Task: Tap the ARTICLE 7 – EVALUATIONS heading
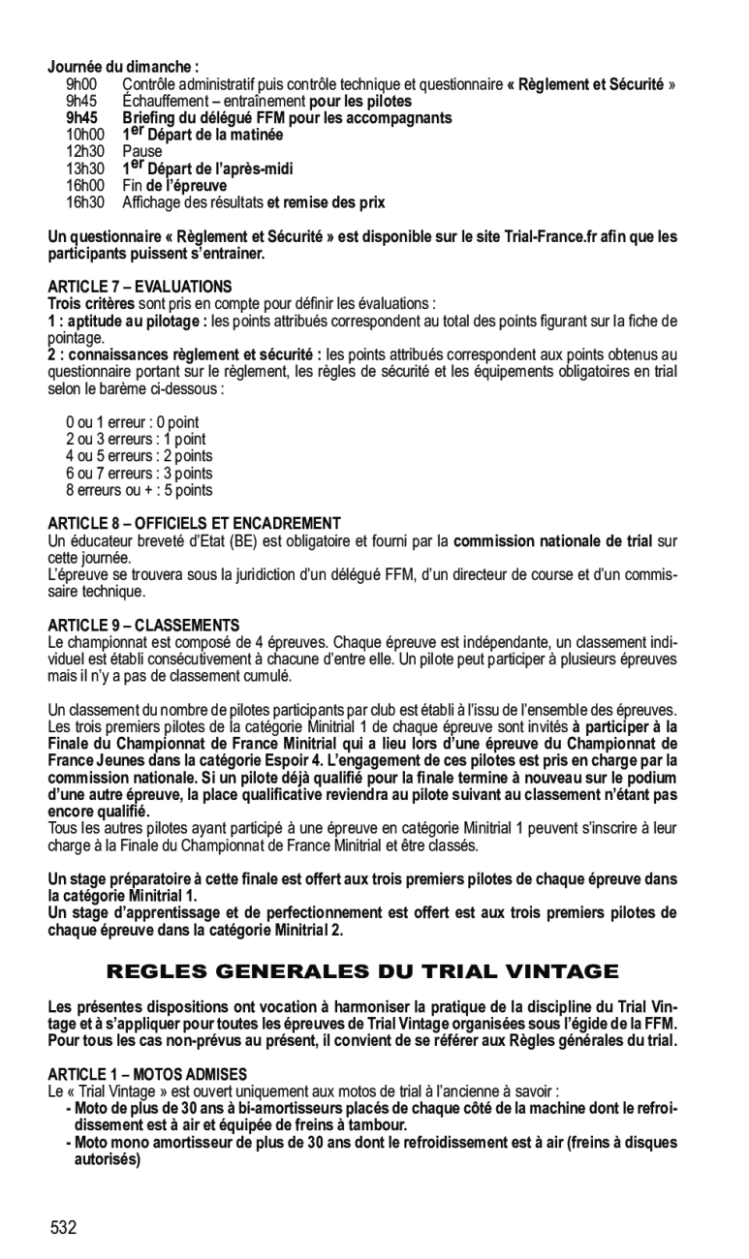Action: click(x=140, y=287)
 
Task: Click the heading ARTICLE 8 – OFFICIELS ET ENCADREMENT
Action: click(x=195, y=523)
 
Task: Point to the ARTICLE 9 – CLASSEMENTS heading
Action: click(x=143, y=625)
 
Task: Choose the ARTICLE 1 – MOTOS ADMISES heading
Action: click(x=148, y=1074)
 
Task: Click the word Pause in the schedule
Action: click(x=142, y=152)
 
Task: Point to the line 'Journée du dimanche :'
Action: click(x=124, y=68)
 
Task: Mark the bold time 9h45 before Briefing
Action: click(x=82, y=118)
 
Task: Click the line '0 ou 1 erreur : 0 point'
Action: click(x=133, y=422)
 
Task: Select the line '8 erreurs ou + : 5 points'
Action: click(x=140, y=490)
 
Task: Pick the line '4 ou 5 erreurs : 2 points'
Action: click(x=140, y=456)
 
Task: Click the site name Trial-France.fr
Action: click(x=549, y=236)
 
